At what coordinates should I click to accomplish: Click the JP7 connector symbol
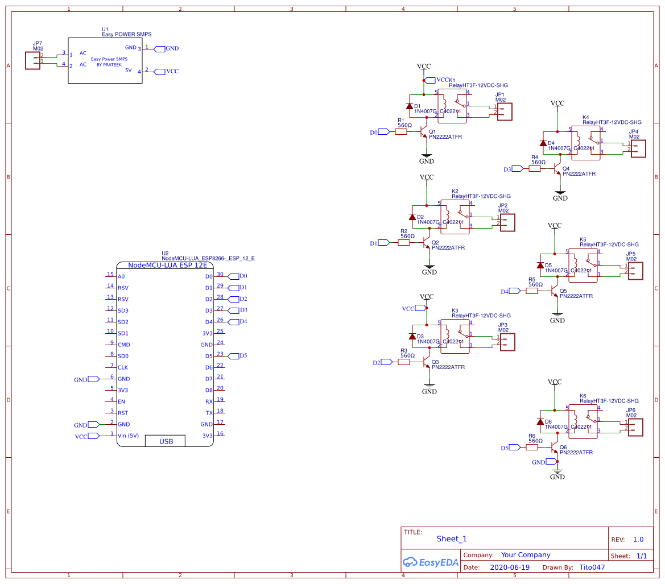coord(32,60)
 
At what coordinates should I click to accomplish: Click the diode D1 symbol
coord(409,106)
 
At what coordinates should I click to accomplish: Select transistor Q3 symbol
coord(427,362)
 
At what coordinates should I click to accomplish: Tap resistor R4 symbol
coord(534,169)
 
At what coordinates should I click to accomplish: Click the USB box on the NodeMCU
coord(166,441)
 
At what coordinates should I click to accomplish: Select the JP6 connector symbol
coord(635,428)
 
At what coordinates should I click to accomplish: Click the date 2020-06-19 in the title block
coord(509,567)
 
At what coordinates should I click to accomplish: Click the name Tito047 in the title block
coord(592,567)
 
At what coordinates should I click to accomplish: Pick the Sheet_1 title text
coord(451,539)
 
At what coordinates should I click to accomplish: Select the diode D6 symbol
coord(540,421)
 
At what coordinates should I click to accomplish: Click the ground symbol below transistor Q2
coord(429,266)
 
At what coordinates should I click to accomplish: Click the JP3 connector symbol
coord(507,342)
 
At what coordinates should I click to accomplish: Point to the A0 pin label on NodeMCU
coord(121,276)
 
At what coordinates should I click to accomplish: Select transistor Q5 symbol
coord(555,291)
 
